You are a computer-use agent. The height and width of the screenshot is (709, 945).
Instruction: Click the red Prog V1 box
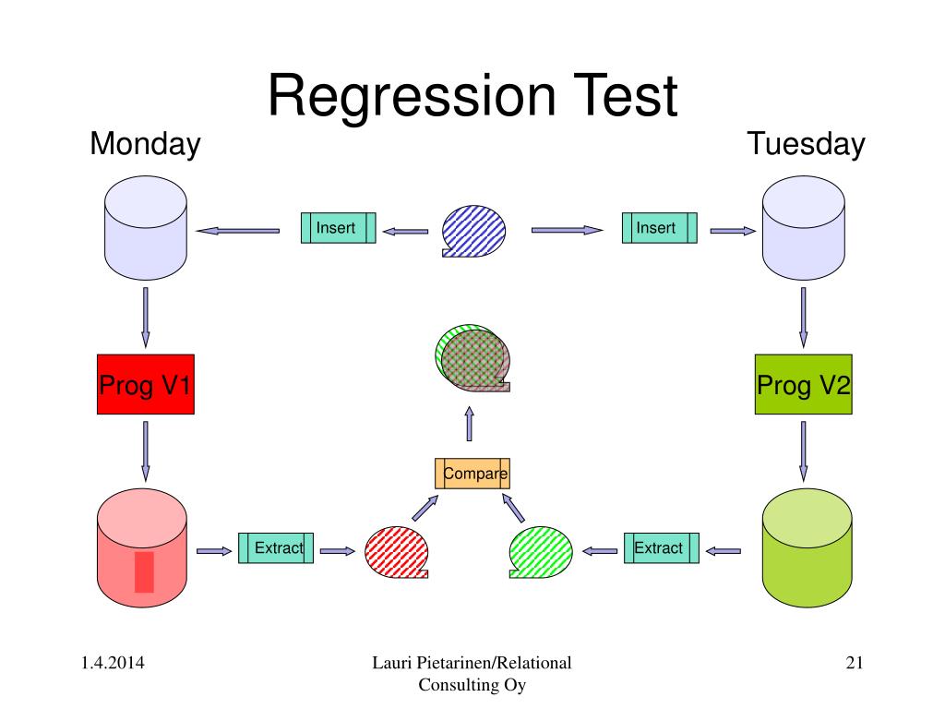coord(145,384)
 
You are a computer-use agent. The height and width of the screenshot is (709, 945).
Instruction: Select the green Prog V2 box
coord(804,384)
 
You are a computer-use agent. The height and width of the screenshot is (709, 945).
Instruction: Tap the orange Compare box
coord(472,474)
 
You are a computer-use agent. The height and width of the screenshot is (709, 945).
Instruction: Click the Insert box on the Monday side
coord(338,228)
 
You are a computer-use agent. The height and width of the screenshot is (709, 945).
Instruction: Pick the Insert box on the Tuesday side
coord(659,228)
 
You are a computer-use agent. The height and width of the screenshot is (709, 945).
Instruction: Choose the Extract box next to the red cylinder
coord(276,548)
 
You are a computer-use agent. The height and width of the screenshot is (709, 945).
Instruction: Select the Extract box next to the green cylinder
coord(662,548)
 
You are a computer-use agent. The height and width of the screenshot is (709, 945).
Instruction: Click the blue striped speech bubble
coord(473,231)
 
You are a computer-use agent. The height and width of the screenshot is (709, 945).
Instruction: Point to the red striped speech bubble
coord(397,552)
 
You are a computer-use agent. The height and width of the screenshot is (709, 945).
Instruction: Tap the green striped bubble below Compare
coord(541,552)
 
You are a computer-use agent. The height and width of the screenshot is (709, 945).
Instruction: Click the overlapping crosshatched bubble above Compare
coord(472,357)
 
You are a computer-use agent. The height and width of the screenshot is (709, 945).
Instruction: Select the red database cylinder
coord(142,548)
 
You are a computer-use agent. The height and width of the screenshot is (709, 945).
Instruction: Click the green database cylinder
coord(807,548)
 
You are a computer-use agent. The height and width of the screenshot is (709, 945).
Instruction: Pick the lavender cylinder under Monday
coord(146,228)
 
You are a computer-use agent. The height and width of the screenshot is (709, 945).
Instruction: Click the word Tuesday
coord(806,145)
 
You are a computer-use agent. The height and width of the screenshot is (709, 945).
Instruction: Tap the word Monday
coord(145,145)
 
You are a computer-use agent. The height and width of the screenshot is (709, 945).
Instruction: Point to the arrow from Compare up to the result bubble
coord(470,424)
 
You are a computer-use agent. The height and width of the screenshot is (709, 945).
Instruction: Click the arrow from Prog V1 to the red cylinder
coord(145,451)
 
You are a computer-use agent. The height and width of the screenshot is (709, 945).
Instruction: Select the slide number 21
coord(855,663)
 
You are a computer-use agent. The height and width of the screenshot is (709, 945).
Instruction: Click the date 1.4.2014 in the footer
coord(113,663)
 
